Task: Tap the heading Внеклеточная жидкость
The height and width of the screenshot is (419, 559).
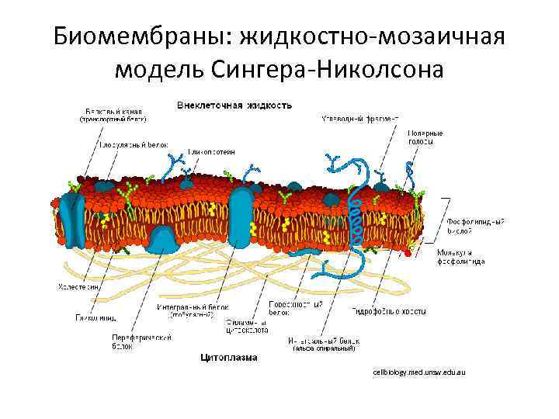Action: click(234, 103)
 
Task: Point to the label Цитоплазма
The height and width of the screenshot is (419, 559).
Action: click(230, 358)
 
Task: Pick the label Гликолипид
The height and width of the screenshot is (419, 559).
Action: click(95, 317)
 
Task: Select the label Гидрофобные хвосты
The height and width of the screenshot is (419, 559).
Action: click(388, 311)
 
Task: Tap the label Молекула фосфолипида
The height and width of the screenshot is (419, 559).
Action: click(461, 257)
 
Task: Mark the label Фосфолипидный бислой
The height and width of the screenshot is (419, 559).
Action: click(475, 226)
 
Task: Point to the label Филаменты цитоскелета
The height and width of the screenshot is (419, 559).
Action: click(247, 326)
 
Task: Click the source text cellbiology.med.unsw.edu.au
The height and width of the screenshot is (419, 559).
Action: click(418, 373)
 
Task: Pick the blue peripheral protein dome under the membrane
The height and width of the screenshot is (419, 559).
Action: click(165, 240)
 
